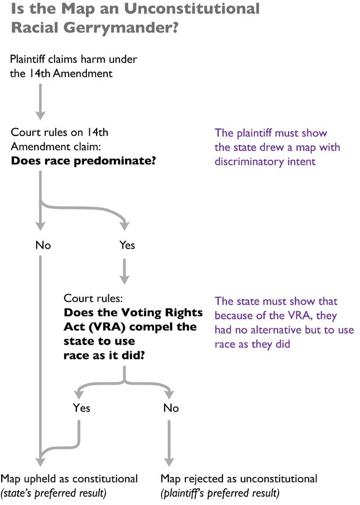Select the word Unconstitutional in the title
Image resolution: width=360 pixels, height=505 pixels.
click(x=204, y=8)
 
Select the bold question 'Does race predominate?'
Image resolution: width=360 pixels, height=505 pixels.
click(x=83, y=160)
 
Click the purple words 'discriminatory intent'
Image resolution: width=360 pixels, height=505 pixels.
click(x=265, y=160)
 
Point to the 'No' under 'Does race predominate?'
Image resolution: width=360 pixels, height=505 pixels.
click(x=43, y=245)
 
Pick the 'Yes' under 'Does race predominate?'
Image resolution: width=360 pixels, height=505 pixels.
click(x=127, y=245)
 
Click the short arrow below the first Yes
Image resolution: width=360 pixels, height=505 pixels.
click(x=125, y=271)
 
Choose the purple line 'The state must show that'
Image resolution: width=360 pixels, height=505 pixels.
click(x=276, y=301)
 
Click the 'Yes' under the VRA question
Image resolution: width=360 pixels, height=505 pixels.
click(x=81, y=407)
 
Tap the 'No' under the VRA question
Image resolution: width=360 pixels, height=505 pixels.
click(x=171, y=407)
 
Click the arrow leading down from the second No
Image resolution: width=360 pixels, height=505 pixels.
click(x=169, y=440)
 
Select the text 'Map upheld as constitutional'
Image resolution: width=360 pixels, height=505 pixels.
click(x=70, y=478)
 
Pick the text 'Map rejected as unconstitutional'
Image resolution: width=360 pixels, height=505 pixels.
click(x=239, y=478)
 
